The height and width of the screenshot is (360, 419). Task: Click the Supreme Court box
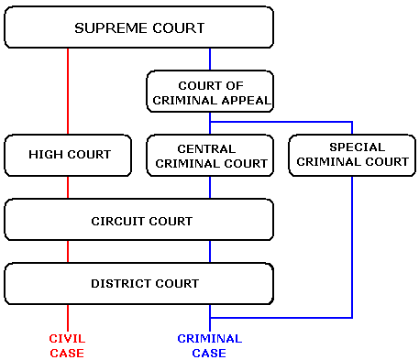tap(139, 28)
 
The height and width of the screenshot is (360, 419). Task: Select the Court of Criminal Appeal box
tap(210, 90)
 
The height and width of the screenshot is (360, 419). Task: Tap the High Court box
tap(69, 155)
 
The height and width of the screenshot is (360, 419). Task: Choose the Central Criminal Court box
tap(210, 155)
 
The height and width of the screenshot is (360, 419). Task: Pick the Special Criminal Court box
tap(352, 155)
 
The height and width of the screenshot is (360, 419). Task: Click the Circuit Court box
tap(139, 221)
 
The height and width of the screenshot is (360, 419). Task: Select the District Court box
tap(139, 283)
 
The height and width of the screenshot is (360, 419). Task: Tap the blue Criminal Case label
tap(210, 345)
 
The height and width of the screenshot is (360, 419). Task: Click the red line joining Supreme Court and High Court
tap(69, 91)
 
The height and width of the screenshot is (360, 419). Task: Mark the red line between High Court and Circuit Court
tap(69, 187)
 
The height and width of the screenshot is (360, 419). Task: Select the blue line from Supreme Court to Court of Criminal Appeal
tap(210, 59)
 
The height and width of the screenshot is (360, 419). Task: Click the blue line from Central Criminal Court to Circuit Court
tap(210, 187)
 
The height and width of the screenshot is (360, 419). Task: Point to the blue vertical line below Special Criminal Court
tap(352, 247)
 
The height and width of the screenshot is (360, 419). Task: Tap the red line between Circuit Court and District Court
tap(69, 252)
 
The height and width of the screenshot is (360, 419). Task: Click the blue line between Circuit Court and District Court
tap(210, 252)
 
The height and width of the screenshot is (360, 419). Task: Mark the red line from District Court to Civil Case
tap(69, 316)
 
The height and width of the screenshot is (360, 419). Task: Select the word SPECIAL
tap(352, 147)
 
